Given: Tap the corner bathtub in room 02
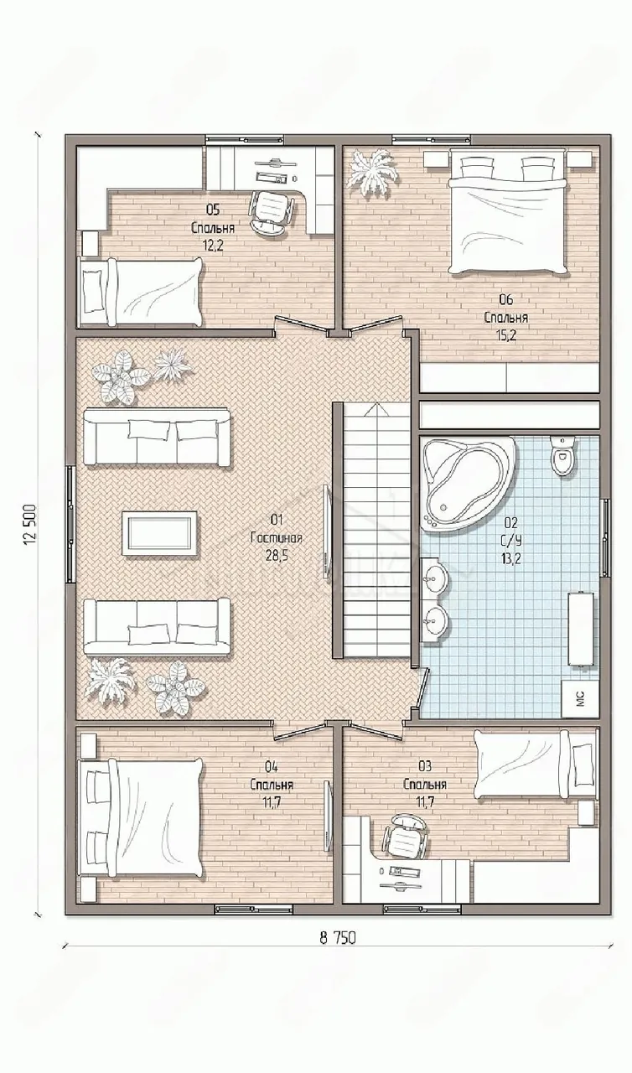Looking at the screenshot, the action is [x=468, y=483].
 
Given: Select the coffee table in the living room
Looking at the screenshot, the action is [x=159, y=533].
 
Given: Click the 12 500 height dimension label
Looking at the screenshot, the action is [x=29, y=525].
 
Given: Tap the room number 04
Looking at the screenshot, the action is [x=271, y=766].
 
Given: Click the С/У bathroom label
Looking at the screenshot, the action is [x=510, y=541].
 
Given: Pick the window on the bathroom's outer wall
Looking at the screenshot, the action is [x=606, y=536].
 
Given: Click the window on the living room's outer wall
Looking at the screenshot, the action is [x=70, y=524].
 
